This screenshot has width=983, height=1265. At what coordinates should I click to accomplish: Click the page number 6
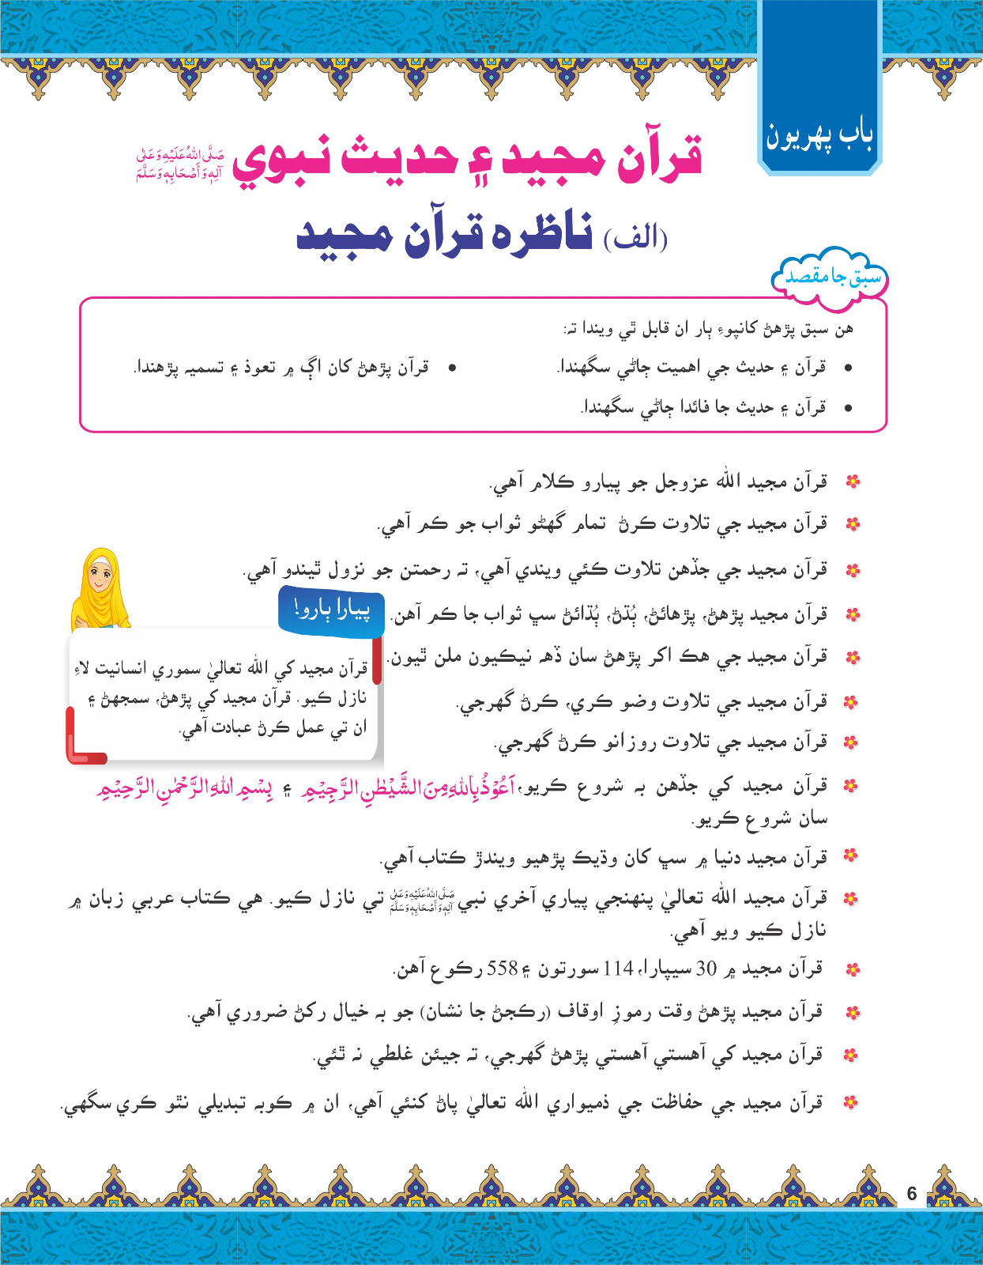point(912,1194)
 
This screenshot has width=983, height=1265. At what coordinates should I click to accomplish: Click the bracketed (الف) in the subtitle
point(635,237)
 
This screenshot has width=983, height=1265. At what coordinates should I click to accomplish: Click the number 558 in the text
point(502,969)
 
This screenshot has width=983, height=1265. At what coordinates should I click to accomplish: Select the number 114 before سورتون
point(618,969)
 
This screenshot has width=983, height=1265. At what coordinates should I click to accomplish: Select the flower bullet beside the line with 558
point(851,969)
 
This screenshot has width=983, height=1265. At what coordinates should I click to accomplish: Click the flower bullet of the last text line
point(851,1102)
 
